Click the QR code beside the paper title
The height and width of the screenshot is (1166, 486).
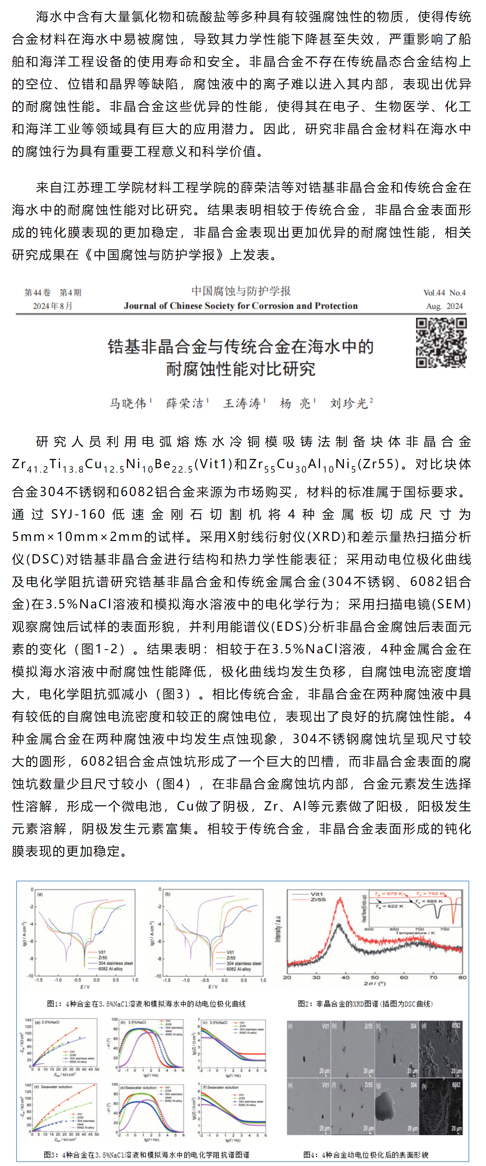point(441,343)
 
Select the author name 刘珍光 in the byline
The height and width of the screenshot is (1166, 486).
point(349,403)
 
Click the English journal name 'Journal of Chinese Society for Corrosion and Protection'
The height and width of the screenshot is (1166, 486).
point(241,306)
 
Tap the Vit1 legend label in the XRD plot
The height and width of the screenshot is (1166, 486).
point(317,894)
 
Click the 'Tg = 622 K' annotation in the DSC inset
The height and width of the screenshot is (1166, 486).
point(389,906)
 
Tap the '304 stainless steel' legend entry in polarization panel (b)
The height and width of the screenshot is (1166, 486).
point(244,963)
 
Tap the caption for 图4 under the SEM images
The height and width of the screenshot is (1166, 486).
point(365,1155)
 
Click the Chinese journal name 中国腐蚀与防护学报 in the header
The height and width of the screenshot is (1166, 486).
point(241,291)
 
